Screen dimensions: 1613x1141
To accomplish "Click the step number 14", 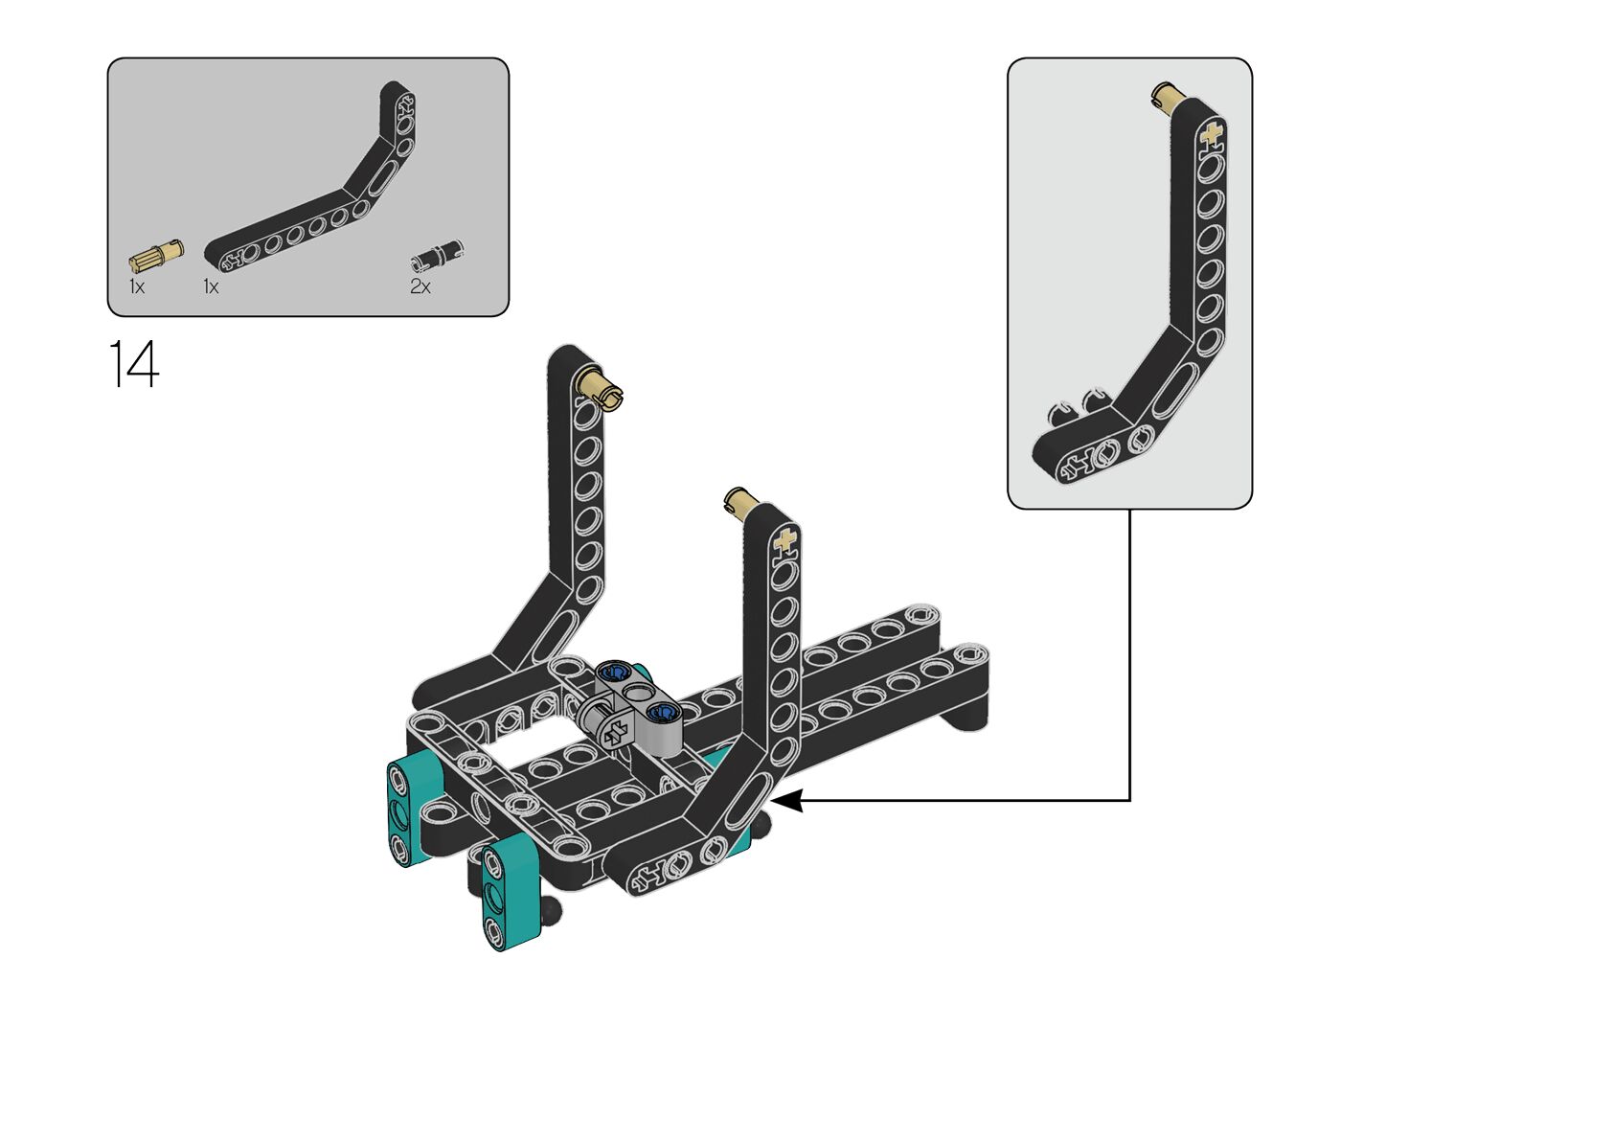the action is coord(133,364).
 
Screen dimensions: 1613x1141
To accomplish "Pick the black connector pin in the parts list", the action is coord(438,255).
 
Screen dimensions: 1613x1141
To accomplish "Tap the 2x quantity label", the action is coord(420,286).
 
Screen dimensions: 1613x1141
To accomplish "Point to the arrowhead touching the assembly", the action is coord(784,801).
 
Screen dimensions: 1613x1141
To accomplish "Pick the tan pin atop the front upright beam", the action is coord(740,500).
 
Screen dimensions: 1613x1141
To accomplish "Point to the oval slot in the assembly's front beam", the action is coord(748,802).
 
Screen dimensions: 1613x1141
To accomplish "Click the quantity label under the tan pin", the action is coord(137,286).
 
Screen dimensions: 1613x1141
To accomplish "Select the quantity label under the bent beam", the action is coord(211,286).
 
